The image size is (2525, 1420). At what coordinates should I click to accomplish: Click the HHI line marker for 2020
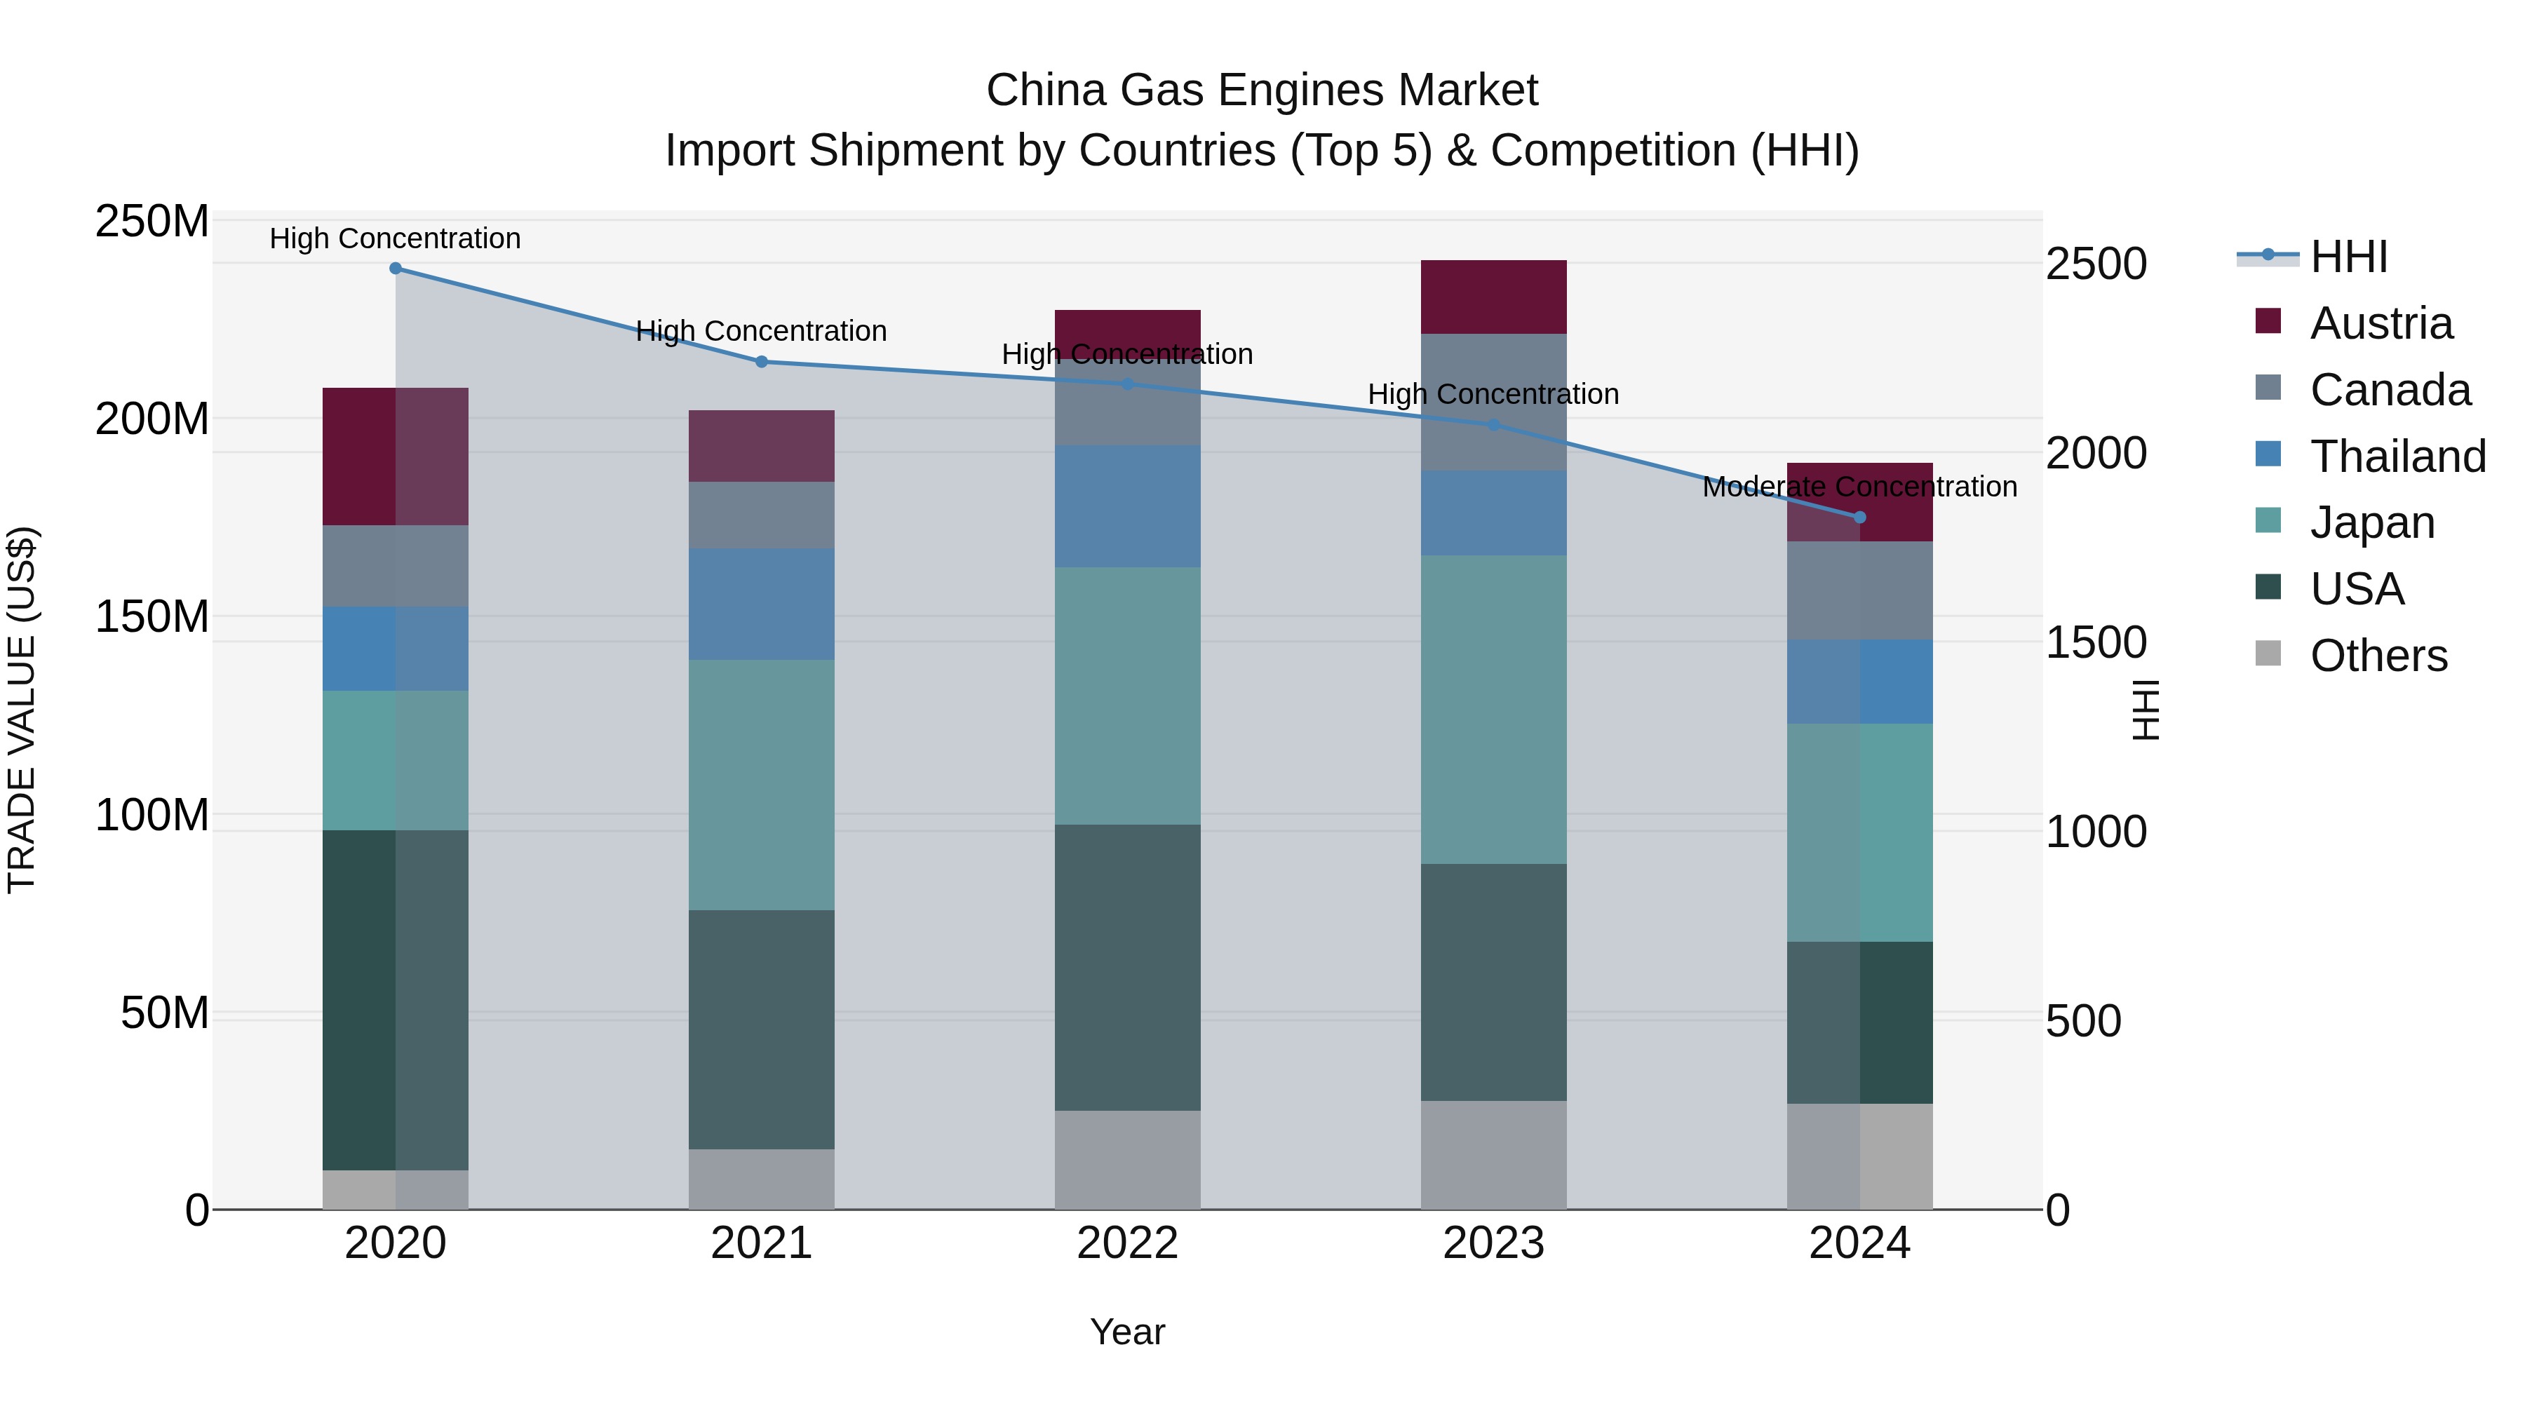pyautogui.click(x=395, y=268)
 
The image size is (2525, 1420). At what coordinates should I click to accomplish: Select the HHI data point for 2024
pyautogui.click(x=1859, y=516)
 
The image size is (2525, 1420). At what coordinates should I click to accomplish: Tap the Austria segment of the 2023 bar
pyautogui.click(x=1493, y=297)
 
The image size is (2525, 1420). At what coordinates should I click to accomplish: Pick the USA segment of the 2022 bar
pyautogui.click(x=1127, y=966)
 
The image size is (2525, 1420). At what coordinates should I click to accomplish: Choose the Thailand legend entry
pyautogui.click(x=2397, y=456)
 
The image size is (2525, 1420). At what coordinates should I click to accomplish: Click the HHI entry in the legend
pyautogui.click(x=2348, y=257)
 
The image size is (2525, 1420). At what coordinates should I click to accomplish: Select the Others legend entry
pyautogui.click(x=2377, y=656)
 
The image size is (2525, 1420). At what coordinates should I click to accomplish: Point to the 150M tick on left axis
pyautogui.click(x=152, y=616)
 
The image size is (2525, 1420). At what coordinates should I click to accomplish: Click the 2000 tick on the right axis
pyautogui.click(x=2096, y=453)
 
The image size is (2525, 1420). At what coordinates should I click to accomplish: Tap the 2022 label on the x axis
pyautogui.click(x=1127, y=1243)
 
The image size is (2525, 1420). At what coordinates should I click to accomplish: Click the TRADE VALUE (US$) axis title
pyautogui.click(x=22, y=710)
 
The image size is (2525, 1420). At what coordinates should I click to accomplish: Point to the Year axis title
pyautogui.click(x=1127, y=1332)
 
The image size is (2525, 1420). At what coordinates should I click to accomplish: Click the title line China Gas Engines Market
pyautogui.click(x=1262, y=90)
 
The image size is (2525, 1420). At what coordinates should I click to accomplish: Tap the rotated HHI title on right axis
pyautogui.click(x=2146, y=710)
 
